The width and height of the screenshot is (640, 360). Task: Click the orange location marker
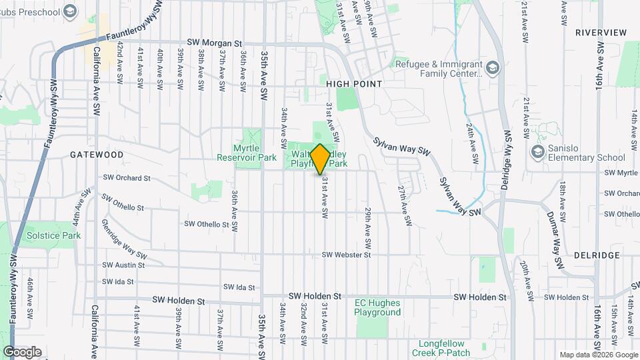(x=320, y=159)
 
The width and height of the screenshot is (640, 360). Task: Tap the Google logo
(x=22, y=352)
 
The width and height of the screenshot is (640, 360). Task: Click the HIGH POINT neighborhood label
(x=354, y=84)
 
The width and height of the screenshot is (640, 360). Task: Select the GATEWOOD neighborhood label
(x=97, y=154)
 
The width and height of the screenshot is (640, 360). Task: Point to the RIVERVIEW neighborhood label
(x=601, y=32)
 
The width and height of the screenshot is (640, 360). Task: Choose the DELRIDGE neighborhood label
(x=598, y=255)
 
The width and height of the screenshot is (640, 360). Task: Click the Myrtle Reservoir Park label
(x=246, y=153)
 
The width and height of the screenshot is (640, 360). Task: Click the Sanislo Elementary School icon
(x=537, y=152)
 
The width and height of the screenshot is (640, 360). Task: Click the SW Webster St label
(x=346, y=255)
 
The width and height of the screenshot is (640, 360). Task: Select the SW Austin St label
(x=123, y=265)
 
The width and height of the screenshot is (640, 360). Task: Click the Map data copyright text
(x=597, y=355)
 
